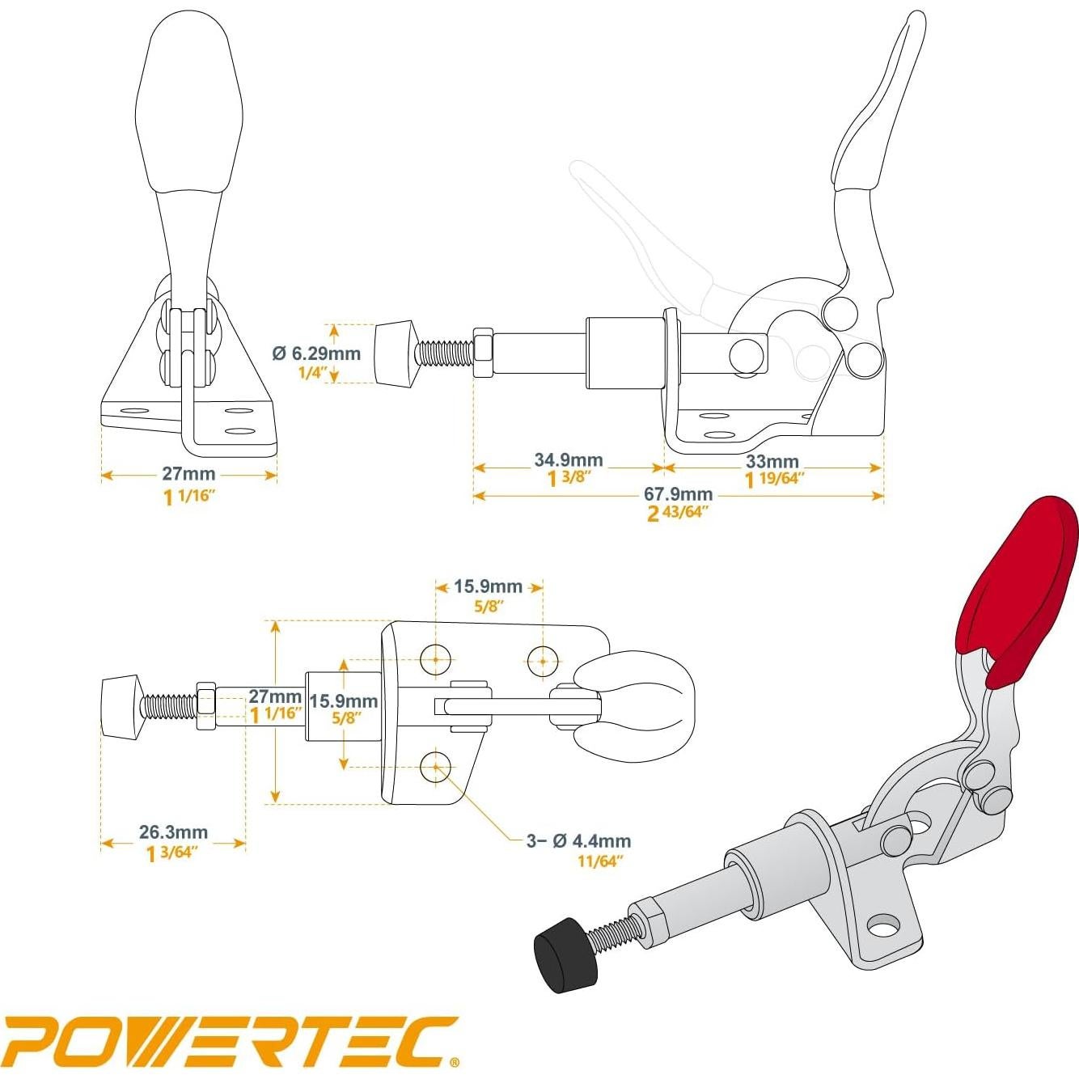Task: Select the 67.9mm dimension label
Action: (678, 494)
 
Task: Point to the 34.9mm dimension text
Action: (568, 460)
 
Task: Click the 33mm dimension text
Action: (772, 462)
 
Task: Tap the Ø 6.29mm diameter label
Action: (316, 353)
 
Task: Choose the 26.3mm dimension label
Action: (173, 832)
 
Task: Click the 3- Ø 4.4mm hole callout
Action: (578, 841)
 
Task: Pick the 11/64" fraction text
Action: (599, 861)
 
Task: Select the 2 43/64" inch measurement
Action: (678, 513)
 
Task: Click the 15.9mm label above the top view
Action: (488, 586)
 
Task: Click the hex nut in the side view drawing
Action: (482, 353)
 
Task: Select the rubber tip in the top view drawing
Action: (121, 705)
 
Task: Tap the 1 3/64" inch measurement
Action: (172, 853)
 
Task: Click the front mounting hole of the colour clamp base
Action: (884, 924)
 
